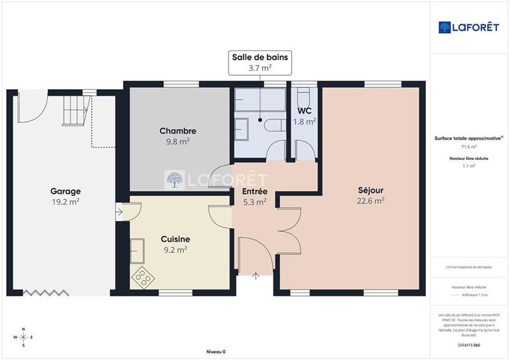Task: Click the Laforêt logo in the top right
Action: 470,27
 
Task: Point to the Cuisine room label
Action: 175,239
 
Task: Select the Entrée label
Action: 254,192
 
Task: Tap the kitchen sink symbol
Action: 136,250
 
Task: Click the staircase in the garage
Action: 75,111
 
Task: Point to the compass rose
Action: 23,337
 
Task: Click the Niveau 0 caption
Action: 216,351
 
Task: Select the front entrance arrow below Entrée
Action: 256,276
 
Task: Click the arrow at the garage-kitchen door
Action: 120,212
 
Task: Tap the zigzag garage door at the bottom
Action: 46,292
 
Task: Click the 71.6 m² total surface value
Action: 469,147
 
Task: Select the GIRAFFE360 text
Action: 469,344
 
